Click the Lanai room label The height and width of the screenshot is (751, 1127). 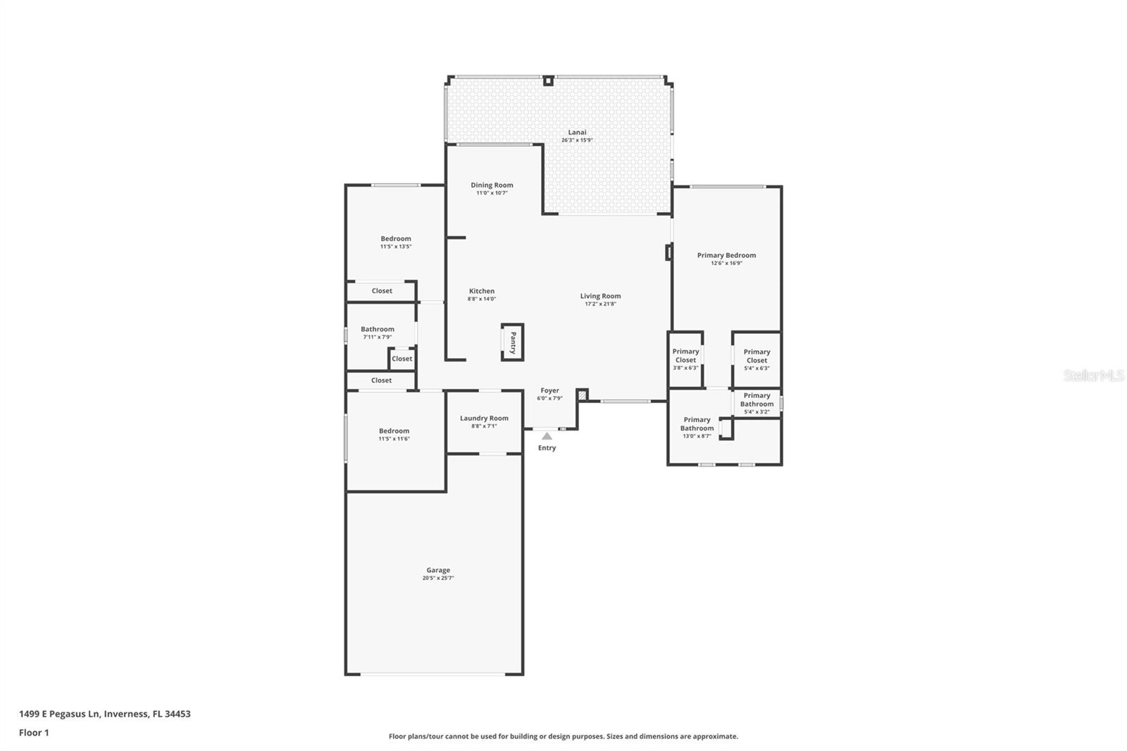(577, 132)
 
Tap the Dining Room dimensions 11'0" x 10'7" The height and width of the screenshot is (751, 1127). (492, 193)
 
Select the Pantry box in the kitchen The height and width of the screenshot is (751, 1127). (513, 342)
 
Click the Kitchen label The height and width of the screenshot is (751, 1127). (482, 291)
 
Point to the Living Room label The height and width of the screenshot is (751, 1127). (600, 297)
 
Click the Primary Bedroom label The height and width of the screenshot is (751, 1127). (726, 256)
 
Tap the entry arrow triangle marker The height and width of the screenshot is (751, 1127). (547, 436)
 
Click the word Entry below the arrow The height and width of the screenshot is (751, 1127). (547, 448)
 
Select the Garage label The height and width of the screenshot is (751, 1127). (437, 571)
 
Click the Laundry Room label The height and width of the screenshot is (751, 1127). (484, 418)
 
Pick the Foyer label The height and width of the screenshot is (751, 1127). (549, 391)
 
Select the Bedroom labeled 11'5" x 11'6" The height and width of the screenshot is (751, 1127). (394, 431)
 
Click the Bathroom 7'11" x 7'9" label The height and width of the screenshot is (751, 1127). (378, 330)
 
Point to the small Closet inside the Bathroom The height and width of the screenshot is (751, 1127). (401, 359)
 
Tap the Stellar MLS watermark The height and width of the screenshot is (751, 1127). (1093, 376)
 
